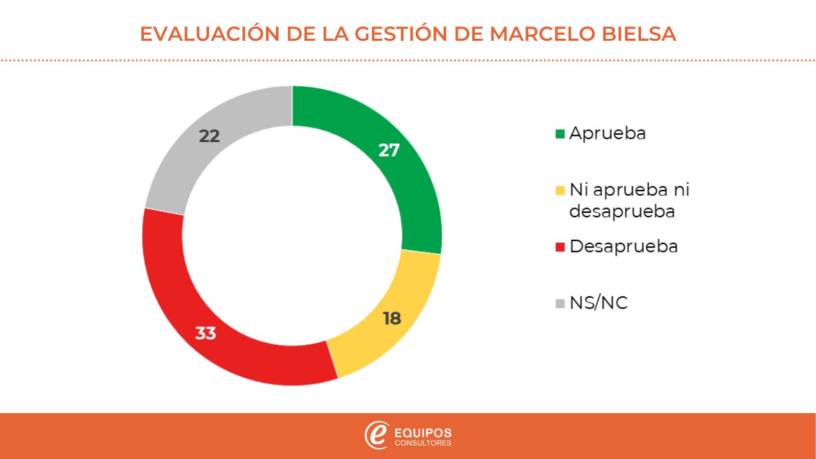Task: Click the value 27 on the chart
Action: click(x=389, y=150)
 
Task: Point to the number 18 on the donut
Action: click(x=392, y=319)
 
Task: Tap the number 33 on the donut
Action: click(x=206, y=333)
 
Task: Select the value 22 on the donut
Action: click(x=209, y=136)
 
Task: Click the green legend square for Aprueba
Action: click(x=560, y=134)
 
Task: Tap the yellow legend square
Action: click(x=560, y=191)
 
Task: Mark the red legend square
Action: click(x=560, y=247)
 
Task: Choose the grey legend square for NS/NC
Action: click(x=560, y=303)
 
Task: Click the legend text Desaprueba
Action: click(x=623, y=246)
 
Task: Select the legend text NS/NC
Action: click(x=598, y=303)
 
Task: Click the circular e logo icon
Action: click(x=376, y=435)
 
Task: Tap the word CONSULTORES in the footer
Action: click(x=423, y=443)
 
